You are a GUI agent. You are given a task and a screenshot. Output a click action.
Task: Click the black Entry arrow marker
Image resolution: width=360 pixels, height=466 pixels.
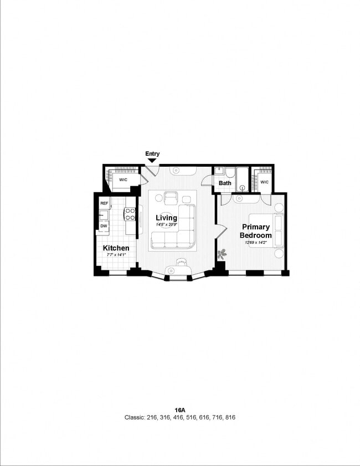click(152, 161)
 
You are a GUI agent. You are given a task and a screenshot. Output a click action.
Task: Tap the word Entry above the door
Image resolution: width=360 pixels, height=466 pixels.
click(152, 153)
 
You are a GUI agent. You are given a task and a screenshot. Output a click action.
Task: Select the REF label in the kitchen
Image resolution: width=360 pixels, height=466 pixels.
click(104, 203)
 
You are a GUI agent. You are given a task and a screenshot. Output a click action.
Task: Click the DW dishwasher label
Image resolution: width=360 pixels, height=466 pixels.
click(104, 226)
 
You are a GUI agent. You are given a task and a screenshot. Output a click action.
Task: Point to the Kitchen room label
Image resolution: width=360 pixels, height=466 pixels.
click(116, 248)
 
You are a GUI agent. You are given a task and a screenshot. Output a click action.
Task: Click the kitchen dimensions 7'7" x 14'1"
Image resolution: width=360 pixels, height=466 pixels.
click(116, 255)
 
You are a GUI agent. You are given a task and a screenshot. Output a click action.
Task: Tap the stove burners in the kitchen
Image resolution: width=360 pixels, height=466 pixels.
click(130, 214)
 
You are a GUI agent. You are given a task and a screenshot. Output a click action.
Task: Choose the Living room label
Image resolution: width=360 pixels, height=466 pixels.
click(166, 217)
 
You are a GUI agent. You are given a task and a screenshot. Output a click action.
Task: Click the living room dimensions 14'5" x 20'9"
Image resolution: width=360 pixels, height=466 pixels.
click(166, 224)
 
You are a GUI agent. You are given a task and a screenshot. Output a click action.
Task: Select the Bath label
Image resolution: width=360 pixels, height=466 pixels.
click(225, 183)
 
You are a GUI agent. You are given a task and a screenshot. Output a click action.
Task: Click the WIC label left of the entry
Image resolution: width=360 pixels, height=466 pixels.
click(123, 180)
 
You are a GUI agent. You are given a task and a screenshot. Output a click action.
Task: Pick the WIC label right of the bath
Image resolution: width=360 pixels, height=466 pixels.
click(264, 182)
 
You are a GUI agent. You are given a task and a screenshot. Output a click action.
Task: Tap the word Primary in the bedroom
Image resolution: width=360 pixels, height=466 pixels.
click(256, 227)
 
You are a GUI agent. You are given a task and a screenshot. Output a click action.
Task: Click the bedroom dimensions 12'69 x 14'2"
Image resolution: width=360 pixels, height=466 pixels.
click(255, 242)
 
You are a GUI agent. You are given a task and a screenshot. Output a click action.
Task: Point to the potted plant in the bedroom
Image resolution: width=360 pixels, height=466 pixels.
click(222, 254)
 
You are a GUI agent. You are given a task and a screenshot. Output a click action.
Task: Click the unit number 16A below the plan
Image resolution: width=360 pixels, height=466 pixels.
click(179, 410)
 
